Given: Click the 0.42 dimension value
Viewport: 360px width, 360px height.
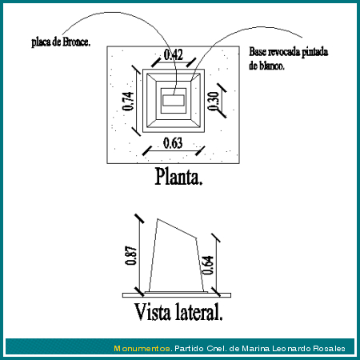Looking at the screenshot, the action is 174,54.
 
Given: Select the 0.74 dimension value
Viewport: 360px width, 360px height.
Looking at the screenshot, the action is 128,101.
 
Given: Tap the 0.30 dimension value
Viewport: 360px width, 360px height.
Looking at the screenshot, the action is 214,101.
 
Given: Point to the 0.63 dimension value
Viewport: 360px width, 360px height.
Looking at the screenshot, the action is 173,143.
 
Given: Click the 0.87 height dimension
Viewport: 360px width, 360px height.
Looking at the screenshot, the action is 131,255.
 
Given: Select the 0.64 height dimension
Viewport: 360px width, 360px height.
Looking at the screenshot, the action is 208,265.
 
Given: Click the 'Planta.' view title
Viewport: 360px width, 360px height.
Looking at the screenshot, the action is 178,177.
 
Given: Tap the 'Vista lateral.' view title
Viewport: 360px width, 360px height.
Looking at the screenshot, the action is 178,311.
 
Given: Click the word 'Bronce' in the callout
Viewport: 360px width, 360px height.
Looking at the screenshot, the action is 76,42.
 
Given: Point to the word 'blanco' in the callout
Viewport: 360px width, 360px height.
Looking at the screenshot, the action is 272,66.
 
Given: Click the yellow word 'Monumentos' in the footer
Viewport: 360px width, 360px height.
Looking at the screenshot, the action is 142,348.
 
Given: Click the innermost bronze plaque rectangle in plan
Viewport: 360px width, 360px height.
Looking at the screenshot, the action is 174,101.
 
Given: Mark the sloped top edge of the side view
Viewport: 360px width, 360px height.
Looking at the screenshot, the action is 177,228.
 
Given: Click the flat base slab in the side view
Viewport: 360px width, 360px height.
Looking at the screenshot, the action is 177,295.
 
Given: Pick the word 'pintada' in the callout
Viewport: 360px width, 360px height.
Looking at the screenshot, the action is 315,52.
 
